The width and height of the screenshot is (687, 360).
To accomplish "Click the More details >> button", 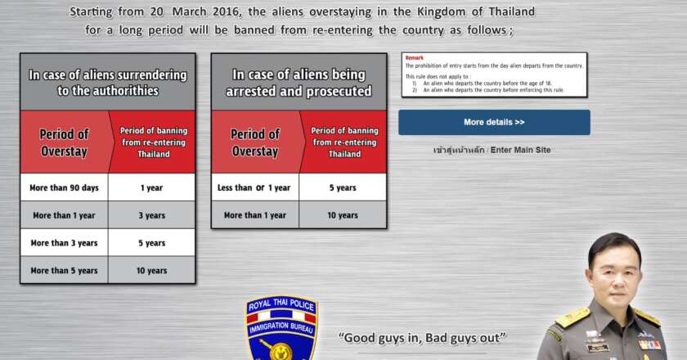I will point(494,122).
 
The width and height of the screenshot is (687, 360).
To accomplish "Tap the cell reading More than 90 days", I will point(64,187).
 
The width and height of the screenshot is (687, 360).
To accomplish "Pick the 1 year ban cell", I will point(151,187).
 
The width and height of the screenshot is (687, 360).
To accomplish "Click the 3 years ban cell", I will point(151,215).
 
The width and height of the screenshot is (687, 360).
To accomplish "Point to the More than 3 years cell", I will point(64,243).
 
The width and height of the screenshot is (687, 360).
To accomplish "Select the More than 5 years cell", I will point(64,270).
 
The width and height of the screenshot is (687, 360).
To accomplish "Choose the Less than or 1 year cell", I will point(254,187).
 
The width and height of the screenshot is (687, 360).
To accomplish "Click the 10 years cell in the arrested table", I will point(342,215).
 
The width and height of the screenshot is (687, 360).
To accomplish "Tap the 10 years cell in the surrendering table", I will point(151,270).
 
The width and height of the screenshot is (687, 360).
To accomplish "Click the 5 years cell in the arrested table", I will point(342,187).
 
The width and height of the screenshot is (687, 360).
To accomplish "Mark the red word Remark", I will point(414,58).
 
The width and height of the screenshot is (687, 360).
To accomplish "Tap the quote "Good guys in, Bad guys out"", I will point(422,337).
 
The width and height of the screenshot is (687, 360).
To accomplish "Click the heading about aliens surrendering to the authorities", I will point(108,82).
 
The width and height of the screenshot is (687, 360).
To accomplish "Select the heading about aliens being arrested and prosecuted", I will point(299,82).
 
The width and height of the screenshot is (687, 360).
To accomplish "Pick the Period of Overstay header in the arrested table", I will point(254,142).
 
